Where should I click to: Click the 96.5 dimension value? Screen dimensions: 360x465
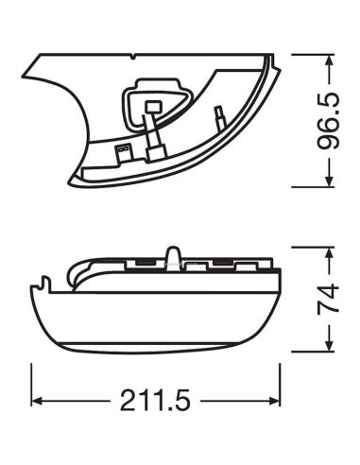pos(329,121)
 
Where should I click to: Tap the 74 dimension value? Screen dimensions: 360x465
pos(329,299)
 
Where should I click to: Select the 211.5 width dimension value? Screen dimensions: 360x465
pos(155,401)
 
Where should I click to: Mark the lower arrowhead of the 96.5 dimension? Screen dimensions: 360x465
pos(329,181)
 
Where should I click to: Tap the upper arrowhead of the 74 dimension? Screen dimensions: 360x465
pos(329,253)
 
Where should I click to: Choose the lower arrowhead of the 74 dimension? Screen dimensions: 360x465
pos(329,345)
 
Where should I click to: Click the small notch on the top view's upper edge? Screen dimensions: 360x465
pos(133,57)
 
